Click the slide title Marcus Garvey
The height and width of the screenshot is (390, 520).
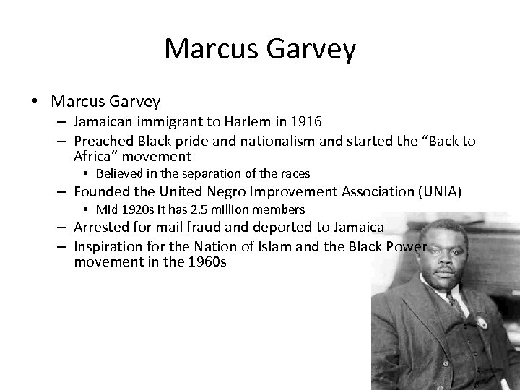(x=260, y=50)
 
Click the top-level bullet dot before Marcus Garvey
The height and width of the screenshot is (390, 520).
(x=35, y=101)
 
